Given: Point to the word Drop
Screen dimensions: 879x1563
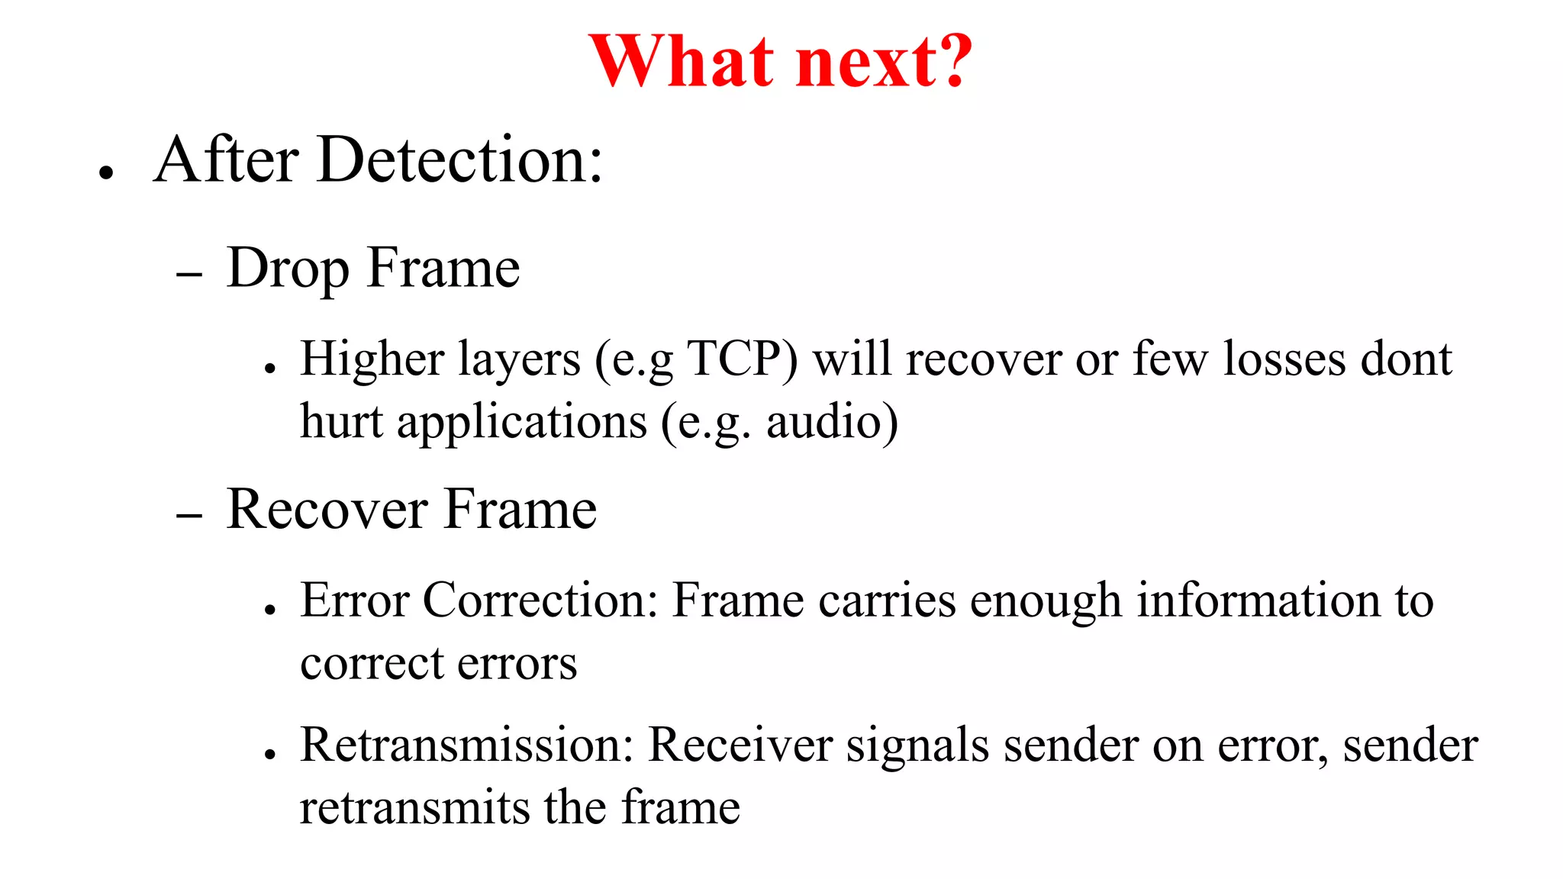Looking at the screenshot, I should point(288,269).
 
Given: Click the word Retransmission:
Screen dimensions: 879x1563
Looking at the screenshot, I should point(467,745).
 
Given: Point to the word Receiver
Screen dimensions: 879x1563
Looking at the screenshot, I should point(740,745).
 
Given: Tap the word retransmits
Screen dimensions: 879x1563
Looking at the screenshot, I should point(414,807).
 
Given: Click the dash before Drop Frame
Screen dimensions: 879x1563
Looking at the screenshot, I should point(189,274).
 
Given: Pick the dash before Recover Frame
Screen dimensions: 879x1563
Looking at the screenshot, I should point(189,515).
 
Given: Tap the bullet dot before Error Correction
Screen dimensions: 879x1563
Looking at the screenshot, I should point(269,610).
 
